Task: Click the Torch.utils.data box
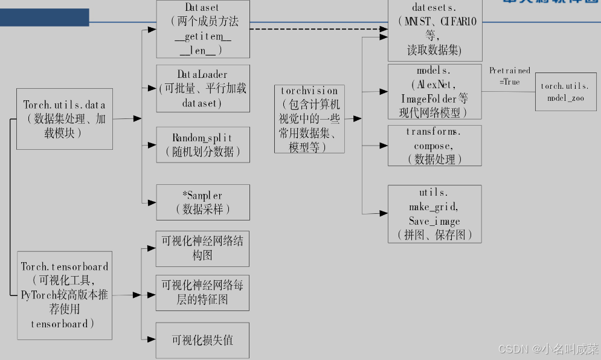(65, 118)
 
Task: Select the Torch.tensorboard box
(65, 295)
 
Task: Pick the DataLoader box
(203, 88)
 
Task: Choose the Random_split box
(203, 144)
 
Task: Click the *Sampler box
(203, 202)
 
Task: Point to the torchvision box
(309, 118)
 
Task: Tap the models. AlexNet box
(434, 91)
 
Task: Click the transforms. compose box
(434, 146)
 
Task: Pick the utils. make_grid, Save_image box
(434, 214)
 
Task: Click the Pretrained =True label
(509, 76)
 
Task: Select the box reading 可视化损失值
(203, 339)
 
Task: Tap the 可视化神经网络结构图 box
(203, 248)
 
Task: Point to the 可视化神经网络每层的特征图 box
(203, 293)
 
